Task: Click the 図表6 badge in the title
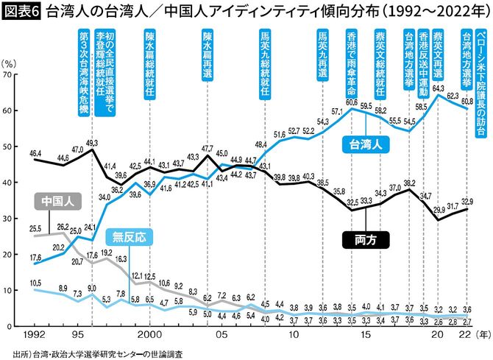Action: [x=23, y=12]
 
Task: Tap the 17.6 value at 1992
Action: [x=35, y=258]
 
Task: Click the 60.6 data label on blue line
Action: [x=351, y=102]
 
